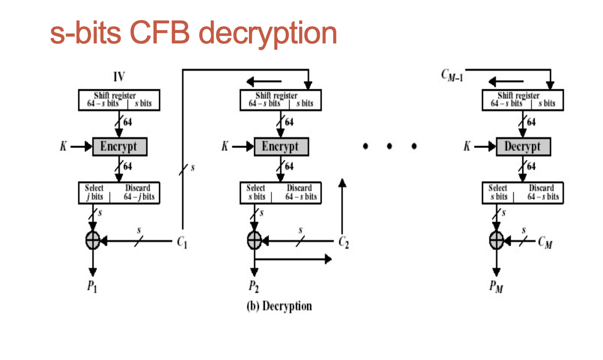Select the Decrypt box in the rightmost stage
click(x=523, y=146)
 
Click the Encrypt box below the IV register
click(x=119, y=146)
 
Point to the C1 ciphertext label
click(x=182, y=243)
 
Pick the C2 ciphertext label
click(x=344, y=243)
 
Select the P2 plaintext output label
click(x=254, y=286)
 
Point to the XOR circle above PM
click(x=497, y=240)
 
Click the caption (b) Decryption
click(x=279, y=306)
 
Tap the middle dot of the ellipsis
click(x=389, y=146)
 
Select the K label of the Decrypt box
click(x=467, y=147)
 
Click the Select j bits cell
click(x=95, y=192)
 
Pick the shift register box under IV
click(x=119, y=99)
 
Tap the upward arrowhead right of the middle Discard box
click(x=342, y=183)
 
